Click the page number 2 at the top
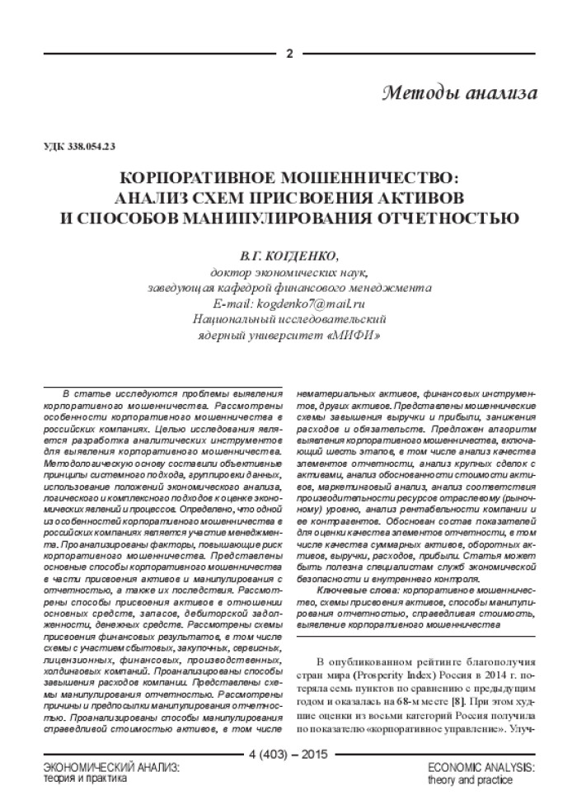(x=289, y=54)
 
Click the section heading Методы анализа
(x=460, y=92)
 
